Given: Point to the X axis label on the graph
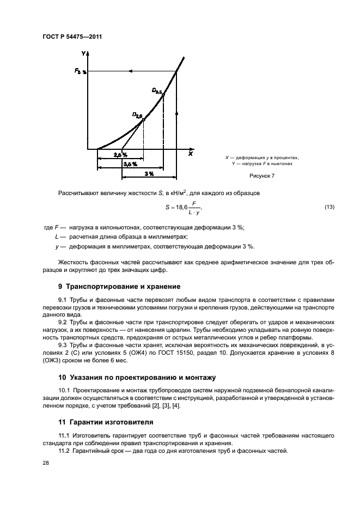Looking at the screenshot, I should (190, 154).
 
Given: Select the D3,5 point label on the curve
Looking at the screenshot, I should (157, 90).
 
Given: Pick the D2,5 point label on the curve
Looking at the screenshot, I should (137, 114).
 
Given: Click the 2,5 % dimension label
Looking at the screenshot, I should (120, 155).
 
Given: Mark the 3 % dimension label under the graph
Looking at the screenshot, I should (149, 173).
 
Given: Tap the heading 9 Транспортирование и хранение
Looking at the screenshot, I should (119, 286).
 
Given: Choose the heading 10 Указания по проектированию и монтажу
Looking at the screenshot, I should (137, 377).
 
